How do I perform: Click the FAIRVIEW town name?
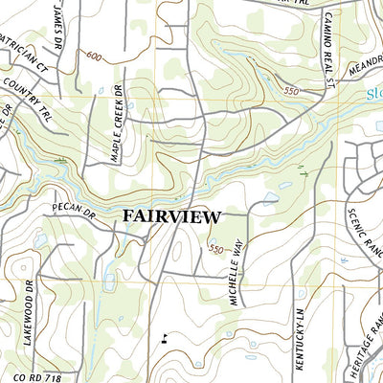(x=172, y=216)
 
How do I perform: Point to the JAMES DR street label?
(x=59, y=21)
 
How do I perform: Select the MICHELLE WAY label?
(x=237, y=274)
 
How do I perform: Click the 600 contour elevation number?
(x=92, y=57)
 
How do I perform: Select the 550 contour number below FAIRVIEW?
(x=216, y=249)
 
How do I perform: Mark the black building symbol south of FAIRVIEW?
(x=165, y=337)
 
